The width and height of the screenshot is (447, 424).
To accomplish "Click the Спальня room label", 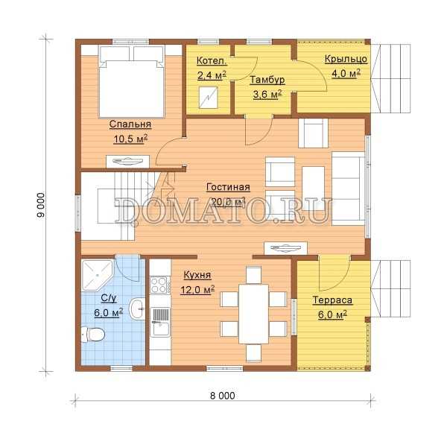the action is [130, 124].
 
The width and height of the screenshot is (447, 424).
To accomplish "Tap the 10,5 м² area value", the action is [130, 139].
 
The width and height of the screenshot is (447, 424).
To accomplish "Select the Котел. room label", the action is [212, 60].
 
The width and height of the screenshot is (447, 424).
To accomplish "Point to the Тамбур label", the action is [267, 80].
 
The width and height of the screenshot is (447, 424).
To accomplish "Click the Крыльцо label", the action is [346, 59].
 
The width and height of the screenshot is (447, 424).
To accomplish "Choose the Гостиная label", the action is [228, 187].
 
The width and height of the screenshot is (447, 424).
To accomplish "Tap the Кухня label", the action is [197, 275].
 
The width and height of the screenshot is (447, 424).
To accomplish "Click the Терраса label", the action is [332, 300].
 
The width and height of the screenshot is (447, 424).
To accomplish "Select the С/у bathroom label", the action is [109, 298].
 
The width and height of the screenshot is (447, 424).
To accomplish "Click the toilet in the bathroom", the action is [92, 335].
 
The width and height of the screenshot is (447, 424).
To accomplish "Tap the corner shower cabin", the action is [96, 275].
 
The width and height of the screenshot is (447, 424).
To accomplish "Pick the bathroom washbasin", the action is [137, 308].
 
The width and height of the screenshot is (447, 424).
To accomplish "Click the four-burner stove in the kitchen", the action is [159, 285].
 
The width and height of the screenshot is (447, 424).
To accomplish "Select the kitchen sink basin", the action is [160, 329].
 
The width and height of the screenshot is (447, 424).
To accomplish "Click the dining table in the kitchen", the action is [253, 314].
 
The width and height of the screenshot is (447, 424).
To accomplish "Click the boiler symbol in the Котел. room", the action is [209, 98].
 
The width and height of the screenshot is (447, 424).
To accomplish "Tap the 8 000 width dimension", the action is [223, 396].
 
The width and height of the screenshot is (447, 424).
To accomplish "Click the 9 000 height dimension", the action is [40, 206].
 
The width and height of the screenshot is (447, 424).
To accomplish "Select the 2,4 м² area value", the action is [212, 75].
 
